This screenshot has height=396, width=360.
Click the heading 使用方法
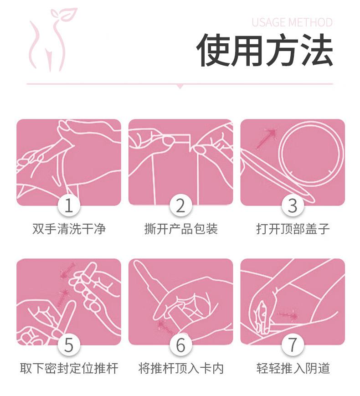264,50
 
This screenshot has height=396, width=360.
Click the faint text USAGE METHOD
292,22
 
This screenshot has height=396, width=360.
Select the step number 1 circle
69,206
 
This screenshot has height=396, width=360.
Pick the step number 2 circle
180,206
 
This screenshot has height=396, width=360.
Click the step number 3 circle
293,206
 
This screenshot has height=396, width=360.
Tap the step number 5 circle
69,345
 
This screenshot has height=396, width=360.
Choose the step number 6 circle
180,345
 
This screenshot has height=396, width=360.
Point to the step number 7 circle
293,345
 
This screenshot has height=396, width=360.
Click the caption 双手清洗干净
69,229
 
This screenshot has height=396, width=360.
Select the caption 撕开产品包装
181,229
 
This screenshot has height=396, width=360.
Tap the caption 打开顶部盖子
293,229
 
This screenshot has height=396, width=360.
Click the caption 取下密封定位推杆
69,369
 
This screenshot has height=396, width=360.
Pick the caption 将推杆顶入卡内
181,369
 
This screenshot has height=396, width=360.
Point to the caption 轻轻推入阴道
293,369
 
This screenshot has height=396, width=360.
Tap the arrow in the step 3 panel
266,138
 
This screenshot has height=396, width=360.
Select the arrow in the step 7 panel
288,315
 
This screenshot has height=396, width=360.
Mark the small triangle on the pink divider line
180,87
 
